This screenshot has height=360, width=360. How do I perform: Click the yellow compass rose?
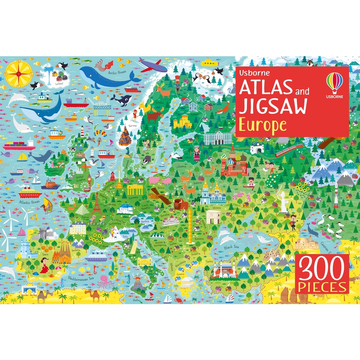click(19, 74)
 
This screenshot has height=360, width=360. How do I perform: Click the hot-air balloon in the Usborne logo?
click(334, 81)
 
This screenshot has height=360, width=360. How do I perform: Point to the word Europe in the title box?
click(263, 125)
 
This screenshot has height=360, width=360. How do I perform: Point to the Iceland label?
click(59, 84)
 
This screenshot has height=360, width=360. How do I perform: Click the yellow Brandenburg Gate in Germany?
click(135, 190)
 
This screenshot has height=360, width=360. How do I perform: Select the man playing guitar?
click(292, 221)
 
